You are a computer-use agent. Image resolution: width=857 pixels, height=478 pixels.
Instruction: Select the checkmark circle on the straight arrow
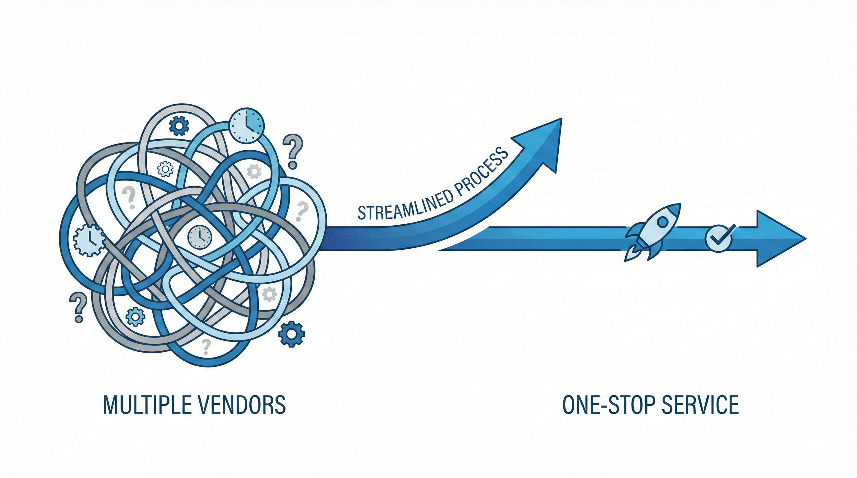point(719,238)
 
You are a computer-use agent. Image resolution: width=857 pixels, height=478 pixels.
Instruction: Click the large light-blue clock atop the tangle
point(247,126)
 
